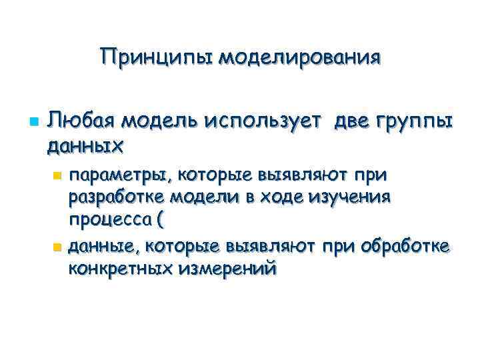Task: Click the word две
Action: point(357,121)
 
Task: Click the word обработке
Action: point(405,247)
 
